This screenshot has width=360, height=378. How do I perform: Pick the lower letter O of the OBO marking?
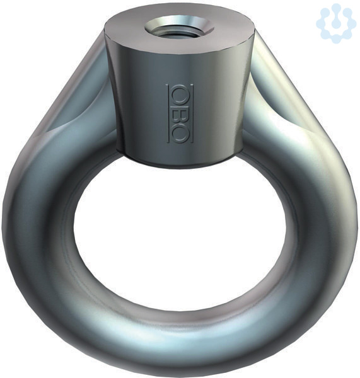point(180,134)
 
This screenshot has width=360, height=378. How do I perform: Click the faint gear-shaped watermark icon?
point(336,23)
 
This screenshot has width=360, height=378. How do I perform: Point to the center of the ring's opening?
point(180,228)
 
